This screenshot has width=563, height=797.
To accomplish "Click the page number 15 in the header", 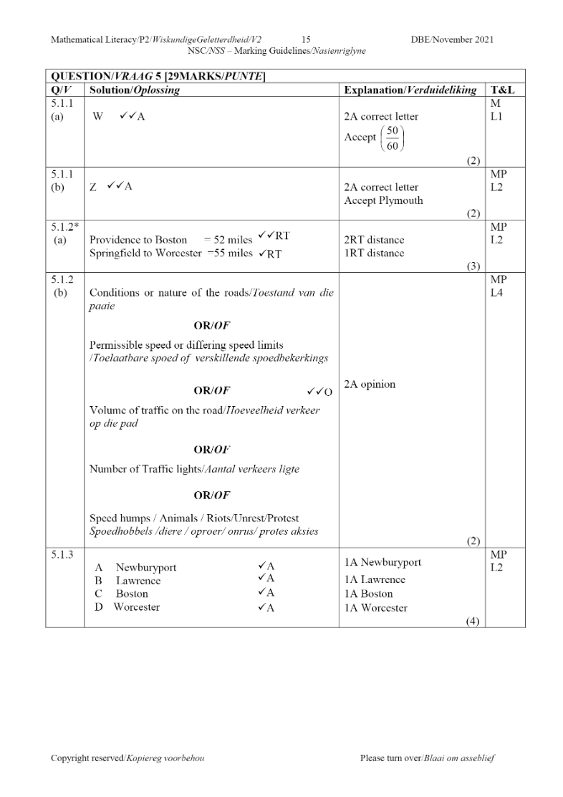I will click(306, 39).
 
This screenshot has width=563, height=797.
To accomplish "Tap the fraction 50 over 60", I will click(393, 137).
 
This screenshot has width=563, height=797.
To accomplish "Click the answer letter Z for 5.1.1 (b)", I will click(93, 188).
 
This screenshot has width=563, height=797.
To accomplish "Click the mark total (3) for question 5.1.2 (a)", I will click(473, 266).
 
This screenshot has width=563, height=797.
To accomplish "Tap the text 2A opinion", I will click(370, 385).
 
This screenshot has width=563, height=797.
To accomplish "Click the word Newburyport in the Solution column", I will click(146, 568).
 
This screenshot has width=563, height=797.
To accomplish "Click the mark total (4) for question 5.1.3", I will click(473, 621).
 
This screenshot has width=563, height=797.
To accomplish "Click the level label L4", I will click(497, 293).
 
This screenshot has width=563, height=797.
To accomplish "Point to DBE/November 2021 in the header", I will click(452, 39).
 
